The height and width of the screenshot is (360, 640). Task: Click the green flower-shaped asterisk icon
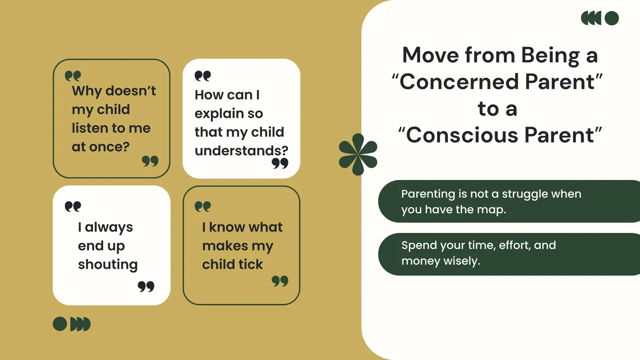coord(358,154)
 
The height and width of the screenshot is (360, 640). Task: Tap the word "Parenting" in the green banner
coord(428,194)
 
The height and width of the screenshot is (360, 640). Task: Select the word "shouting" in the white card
coord(108,264)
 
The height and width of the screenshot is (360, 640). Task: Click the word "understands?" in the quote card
coord(241,151)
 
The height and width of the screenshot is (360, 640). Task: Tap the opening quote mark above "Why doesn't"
coord(73,76)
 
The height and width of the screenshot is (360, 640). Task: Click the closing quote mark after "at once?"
coord(150,161)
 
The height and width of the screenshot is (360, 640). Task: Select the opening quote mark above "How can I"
coord(203,76)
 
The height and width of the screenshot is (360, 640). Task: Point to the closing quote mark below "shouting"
coord(146,286)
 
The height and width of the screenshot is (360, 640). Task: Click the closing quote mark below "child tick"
coord(280,281)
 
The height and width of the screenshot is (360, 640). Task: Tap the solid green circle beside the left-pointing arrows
coord(611,18)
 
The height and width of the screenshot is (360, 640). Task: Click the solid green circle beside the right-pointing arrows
coord(60,324)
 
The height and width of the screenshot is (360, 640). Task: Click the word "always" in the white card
coord(109,227)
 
